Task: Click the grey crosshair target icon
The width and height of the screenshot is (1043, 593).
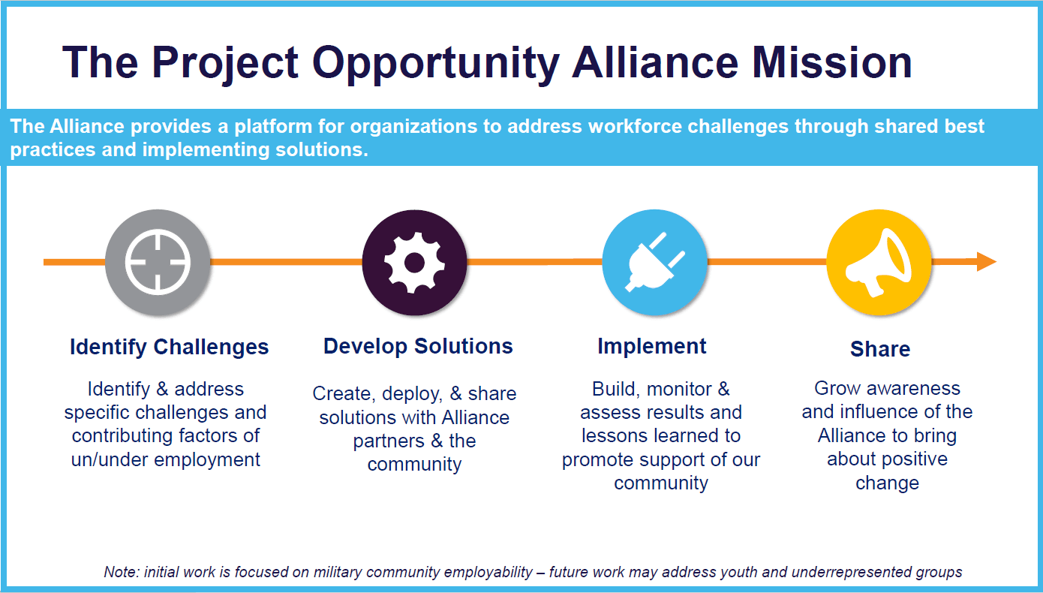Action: click(158, 262)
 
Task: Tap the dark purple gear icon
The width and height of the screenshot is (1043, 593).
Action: click(414, 262)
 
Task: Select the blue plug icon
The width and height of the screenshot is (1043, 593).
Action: click(654, 262)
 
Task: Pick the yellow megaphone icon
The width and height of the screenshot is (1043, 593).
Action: click(879, 262)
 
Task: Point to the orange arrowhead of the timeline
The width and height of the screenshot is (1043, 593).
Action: click(987, 261)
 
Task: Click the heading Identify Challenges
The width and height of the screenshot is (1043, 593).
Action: click(169, 347)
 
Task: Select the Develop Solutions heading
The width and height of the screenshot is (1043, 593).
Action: click(418, 346)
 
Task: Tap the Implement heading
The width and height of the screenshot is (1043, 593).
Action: click(652, 347)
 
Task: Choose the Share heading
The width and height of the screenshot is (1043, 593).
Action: click(880, 349)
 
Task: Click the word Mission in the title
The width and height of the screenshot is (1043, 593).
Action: click(832, 62)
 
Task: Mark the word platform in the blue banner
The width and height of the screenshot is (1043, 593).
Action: click(273, 127)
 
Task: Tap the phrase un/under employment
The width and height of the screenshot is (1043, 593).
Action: click(165, 460)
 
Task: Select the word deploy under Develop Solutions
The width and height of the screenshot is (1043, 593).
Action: click(412, 394)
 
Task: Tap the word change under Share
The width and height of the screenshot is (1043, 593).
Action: click(888, 483)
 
